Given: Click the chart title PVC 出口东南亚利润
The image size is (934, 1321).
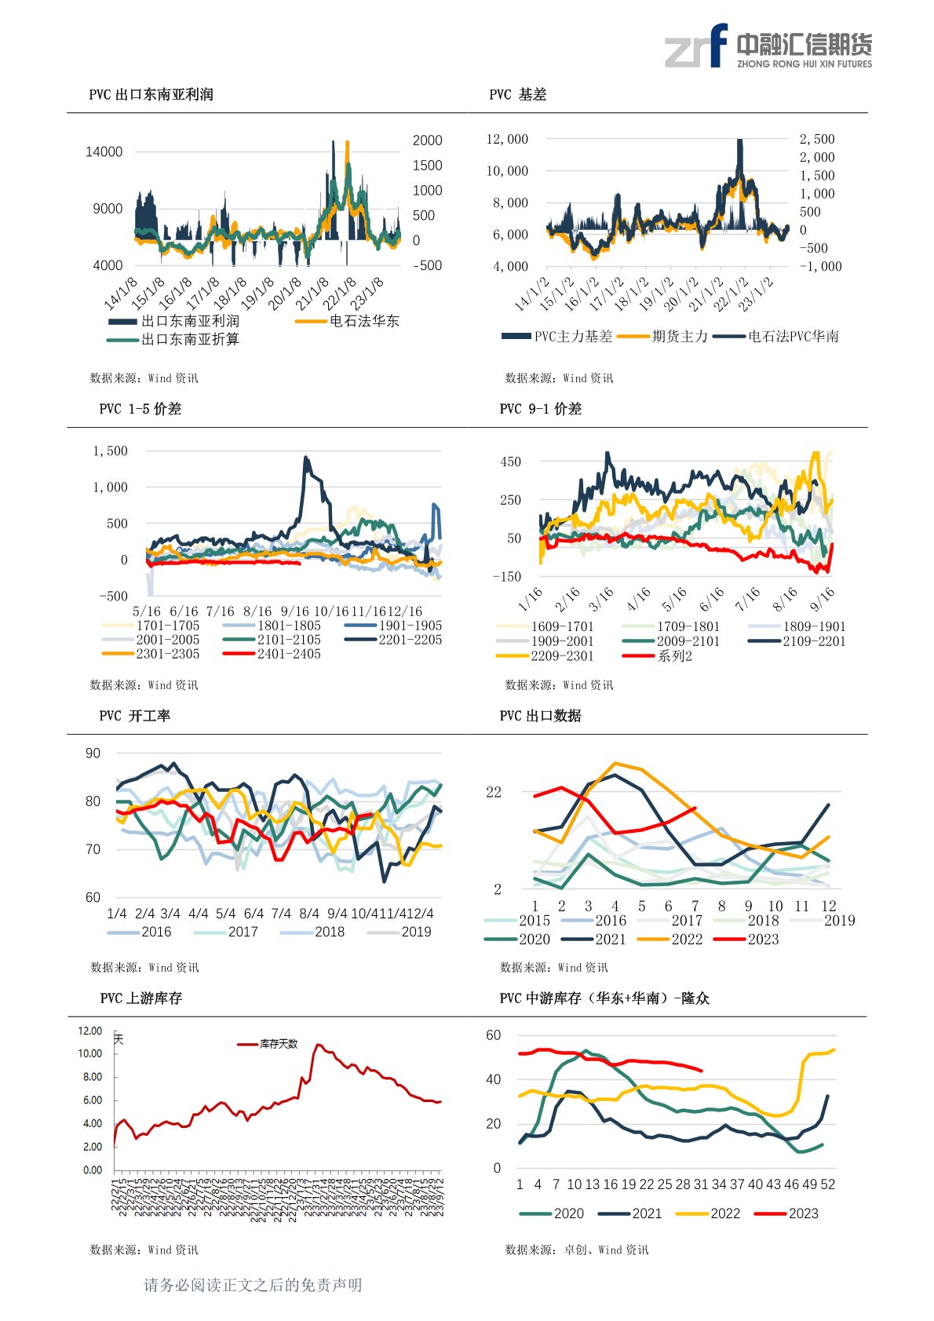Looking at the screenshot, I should [x=151, y=94].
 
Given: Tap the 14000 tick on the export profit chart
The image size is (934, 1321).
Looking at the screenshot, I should [x=104, y=151].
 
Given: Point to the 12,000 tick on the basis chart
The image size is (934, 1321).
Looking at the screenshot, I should [x=507, y=139].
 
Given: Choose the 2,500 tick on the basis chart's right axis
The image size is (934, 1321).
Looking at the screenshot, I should [x=816, y=139].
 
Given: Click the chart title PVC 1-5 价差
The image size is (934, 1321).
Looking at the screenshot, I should [x=140, y=409].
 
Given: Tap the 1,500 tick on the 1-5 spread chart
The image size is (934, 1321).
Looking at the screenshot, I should [x=110, y=451].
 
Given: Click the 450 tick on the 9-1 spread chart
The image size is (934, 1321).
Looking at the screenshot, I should [x=510, y=462].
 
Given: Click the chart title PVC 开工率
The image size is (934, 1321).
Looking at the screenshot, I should [x=134, y=716].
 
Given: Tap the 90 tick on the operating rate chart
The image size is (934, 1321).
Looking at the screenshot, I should [x=93, y=754].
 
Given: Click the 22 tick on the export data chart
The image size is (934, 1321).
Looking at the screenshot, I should [x=493, y=792].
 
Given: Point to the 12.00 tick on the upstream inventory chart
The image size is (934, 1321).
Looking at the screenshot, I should [x=90, y=1031].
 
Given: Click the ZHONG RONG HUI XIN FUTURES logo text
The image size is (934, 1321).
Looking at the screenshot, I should [x=804, y=64].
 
